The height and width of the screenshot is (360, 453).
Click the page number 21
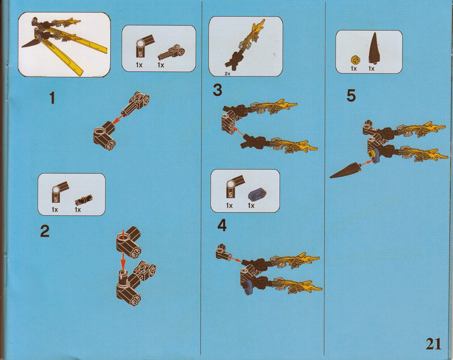(x=433, y=344)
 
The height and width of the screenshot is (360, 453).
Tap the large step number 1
(x=52, y=98)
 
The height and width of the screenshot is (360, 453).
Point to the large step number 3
(x=217, y=91)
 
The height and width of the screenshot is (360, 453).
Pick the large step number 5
(x=351, y=95)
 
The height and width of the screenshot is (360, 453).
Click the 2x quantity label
(x=227, y=74)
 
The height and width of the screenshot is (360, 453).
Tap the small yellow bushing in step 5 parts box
(x=354, y=60)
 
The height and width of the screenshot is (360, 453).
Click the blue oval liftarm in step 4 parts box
(x=257, y=193)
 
